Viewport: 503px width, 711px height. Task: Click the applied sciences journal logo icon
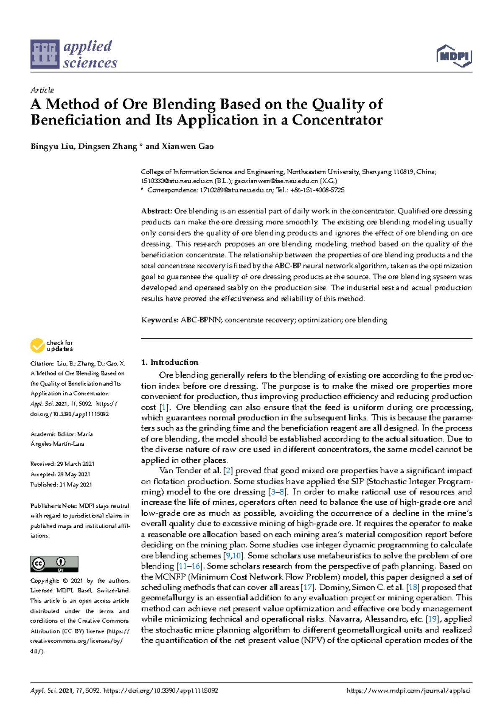point(44,54)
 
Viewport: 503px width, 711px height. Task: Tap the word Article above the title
point(42,90)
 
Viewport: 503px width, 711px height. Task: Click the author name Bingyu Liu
point(52,146)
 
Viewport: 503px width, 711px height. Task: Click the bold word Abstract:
point(156,211)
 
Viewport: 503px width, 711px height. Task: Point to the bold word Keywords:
point(160,320)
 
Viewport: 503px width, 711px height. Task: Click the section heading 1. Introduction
point(170,362)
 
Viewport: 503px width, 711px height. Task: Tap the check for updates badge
point(52,346)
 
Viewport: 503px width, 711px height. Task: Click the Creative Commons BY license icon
point(54,564)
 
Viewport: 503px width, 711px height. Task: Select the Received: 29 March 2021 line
point(62,464)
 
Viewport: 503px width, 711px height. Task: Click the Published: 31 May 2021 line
point(61,485)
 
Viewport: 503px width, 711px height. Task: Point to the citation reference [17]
point(308,587)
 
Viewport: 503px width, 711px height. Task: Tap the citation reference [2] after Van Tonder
point(228,471)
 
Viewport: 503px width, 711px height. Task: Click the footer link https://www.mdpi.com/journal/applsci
point(409,690)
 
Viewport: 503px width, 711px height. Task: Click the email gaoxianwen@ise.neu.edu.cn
point(276,181)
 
